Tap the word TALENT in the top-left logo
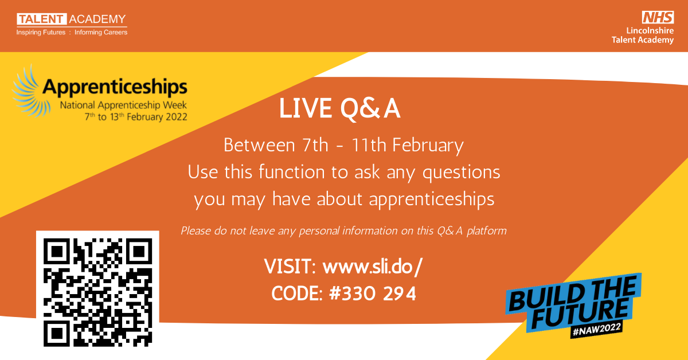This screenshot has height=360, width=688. point(41,19)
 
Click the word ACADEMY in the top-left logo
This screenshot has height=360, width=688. point(97,19)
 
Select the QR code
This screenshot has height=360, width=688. point(97,292)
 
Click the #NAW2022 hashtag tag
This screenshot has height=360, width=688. point(596,330)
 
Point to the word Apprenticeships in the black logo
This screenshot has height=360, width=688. point(115,87)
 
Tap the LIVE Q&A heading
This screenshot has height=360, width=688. point(339,108)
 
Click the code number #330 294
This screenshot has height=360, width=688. point(373,293)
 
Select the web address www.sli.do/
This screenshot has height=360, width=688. point(373,266)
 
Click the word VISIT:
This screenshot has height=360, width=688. point(290,267)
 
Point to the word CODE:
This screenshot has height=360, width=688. point(297,294)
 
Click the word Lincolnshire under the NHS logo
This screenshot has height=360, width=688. point(650,30)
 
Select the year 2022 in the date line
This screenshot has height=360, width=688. point(177,117)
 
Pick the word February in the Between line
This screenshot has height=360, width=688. point(428,146)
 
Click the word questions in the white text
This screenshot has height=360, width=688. point(462,173)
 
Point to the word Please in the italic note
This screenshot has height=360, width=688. point(196,230)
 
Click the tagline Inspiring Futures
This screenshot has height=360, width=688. point(41,32)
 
